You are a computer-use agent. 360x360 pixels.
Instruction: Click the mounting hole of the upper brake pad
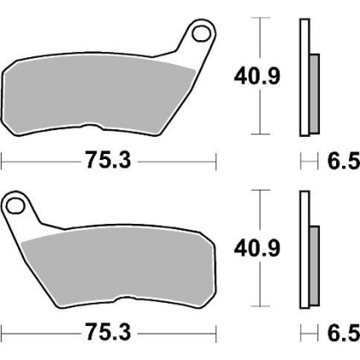202,34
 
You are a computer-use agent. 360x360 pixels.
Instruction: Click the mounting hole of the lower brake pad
15,206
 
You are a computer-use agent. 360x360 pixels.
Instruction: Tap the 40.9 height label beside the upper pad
257,76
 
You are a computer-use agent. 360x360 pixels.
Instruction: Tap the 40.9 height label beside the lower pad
257,249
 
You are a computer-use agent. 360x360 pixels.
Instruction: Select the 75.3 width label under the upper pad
109,160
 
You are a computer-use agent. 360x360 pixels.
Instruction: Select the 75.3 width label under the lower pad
109,332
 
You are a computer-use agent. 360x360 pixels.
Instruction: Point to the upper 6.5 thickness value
344,161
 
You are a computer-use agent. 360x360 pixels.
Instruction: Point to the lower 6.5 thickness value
344,333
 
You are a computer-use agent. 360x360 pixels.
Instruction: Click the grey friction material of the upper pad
96,94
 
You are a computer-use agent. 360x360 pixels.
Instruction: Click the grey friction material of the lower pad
119,266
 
